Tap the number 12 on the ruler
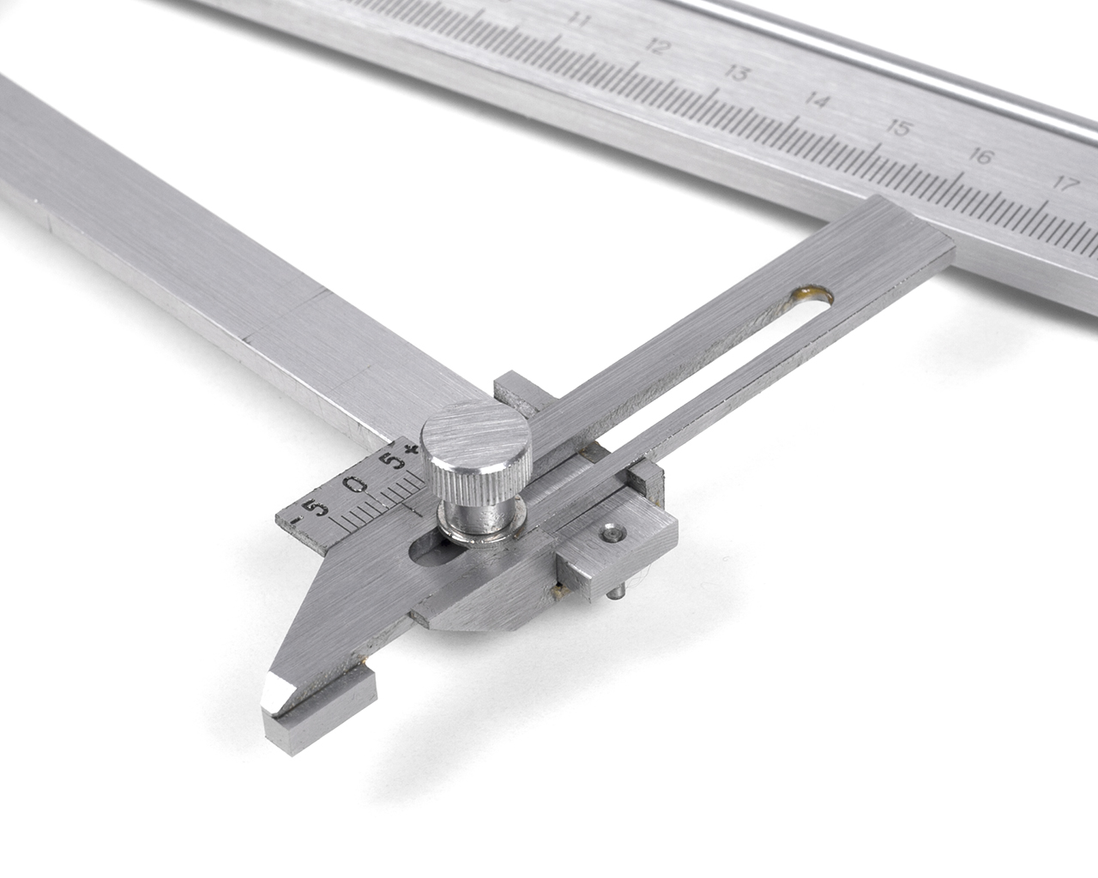coord(657,47)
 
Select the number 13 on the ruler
coord(736,75)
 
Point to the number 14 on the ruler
coord(817,101)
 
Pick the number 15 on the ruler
coord(898,129)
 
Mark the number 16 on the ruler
coord(981,157)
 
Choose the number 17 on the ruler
coord(1065,184)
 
